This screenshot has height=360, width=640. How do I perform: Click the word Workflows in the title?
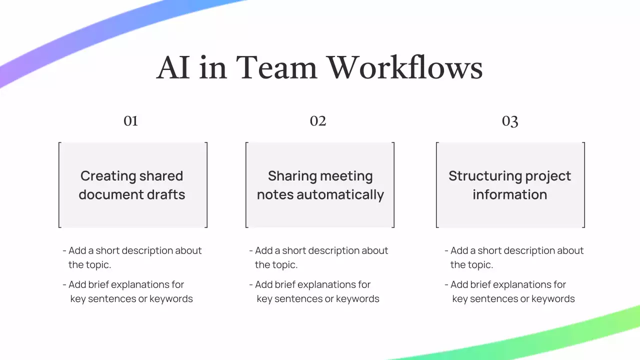pyautogui.click(x=404, y=67)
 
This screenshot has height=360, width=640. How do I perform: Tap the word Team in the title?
pyautogui.click(x=276, y=67)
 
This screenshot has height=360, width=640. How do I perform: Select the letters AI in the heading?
pyautogui.click(x=173, y=67)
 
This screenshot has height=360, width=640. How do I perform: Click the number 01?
pyautogui.click(x=130, y=121)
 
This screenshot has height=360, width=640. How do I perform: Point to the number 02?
pyautogui.click(x=318, y=121)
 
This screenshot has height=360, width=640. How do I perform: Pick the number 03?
pyautogui.click(x=510, y=121)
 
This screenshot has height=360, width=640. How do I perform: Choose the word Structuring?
pyautogui.click(x=477, y=176)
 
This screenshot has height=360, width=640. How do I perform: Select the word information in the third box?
pyautogui.click(x=510, y=194)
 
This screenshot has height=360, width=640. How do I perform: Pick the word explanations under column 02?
pyautogui.click(x=310, y=284)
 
